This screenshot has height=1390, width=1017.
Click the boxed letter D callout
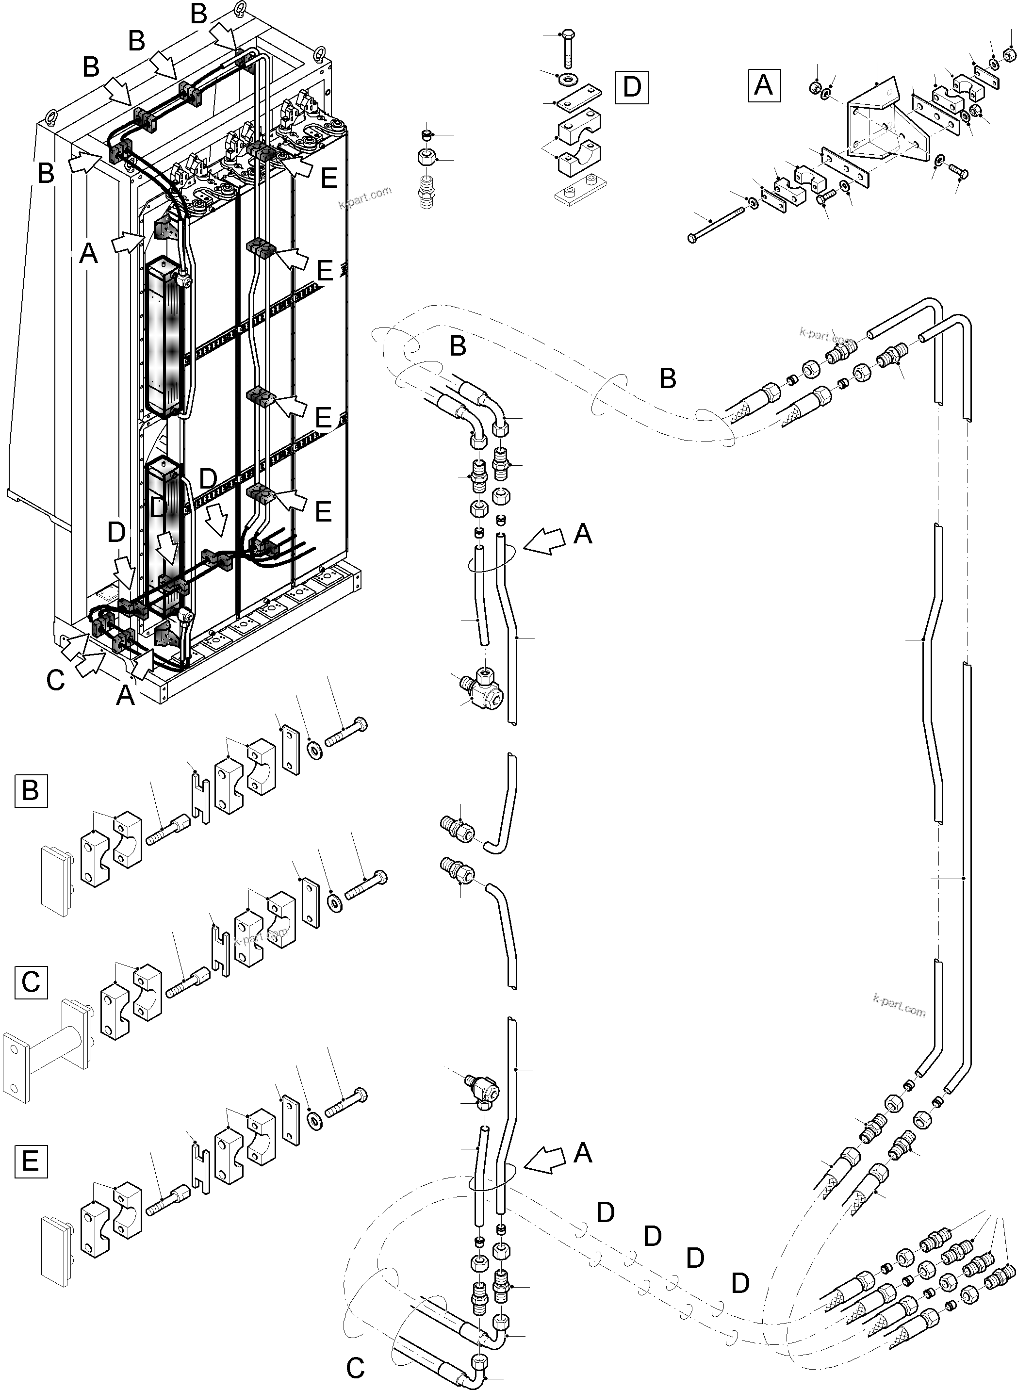(632, 87)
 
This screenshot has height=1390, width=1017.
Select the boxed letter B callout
(30, 790)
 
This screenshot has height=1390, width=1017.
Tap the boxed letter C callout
(30, 981)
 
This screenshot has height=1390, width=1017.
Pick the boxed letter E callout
(30, 1161)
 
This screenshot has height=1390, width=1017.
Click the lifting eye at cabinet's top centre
(241, 11)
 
